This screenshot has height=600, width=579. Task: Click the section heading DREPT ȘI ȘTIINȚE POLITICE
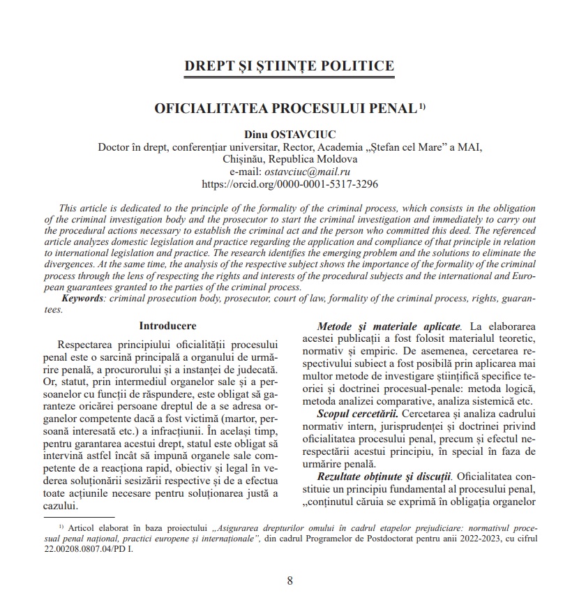pyautogui.click(x=289, y=66)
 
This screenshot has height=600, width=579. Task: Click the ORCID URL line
pyautogui.click(x=289, y=185)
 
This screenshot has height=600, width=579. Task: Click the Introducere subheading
pyautogui.click(x=167, y=326)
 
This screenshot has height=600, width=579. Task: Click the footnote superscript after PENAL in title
pyautogui.click(x=422, y=107)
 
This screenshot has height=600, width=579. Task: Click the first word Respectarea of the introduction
pyautogui.click(x=92, y=345)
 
